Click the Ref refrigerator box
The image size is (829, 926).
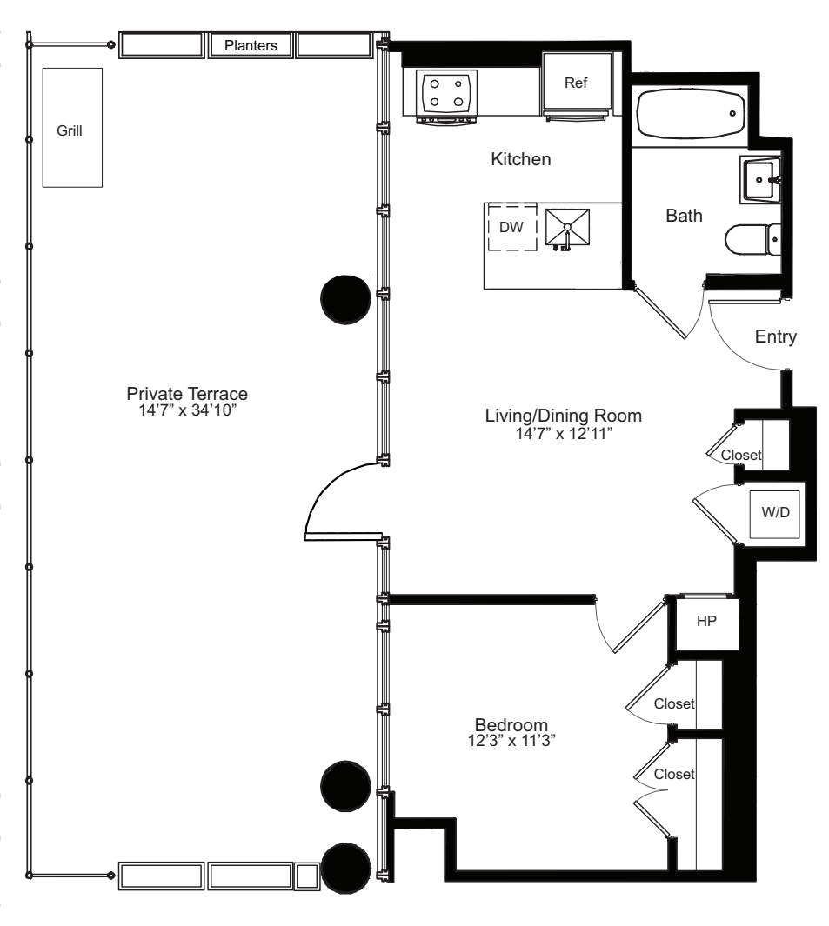576,83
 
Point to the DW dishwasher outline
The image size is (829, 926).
511,227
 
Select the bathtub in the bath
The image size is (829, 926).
690,112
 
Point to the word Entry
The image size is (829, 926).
775,337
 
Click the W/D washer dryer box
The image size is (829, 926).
777,512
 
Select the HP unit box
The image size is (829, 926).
705,623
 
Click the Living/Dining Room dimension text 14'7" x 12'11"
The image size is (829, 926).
563,432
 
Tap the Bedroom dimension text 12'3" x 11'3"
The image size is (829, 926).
511,740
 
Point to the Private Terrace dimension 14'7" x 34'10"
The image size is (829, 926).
187,409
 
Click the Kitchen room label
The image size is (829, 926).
520,159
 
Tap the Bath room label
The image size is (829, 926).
684,217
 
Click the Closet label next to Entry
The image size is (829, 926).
740,455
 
